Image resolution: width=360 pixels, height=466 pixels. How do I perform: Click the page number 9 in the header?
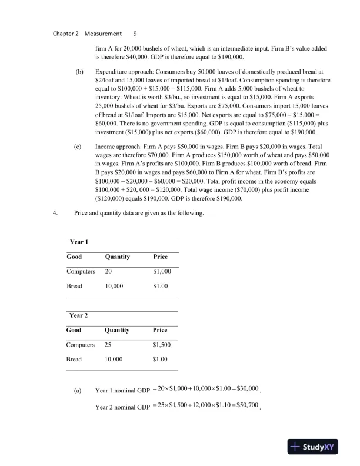tap(135, 34)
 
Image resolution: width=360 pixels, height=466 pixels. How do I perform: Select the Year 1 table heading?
tap(79, 241)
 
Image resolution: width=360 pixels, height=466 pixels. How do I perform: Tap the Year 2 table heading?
tap(79, 315)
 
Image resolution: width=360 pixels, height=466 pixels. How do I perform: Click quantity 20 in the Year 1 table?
tap(109, 271)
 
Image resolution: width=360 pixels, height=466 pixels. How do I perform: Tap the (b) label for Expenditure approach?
tap(78, 71)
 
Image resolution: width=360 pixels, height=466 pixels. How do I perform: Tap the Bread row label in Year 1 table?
tap(74, 286)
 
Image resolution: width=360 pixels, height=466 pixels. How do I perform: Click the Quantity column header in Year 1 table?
tap(117, 257)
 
